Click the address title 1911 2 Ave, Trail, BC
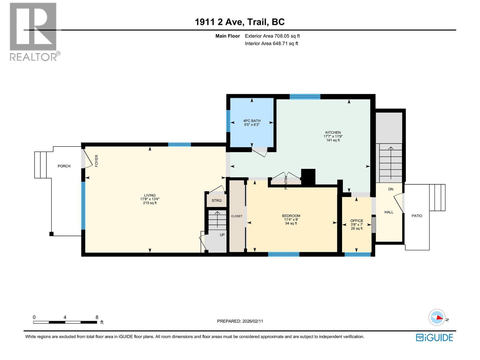(240, 22)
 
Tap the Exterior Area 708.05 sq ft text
(272, 36)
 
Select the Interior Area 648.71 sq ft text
(271, 43)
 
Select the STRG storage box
(217, 200)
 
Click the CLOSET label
(237, 216)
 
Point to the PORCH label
(64, 166)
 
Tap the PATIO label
(417, 216)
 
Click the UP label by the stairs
(222, 235)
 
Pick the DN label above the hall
(391, 189)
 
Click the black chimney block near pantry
(308, 177)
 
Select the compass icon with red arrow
(437, 317)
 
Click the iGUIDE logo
(434, 337)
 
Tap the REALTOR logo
(34, 31)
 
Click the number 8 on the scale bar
(97, 317)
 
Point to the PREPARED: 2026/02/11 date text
(240, 321)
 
